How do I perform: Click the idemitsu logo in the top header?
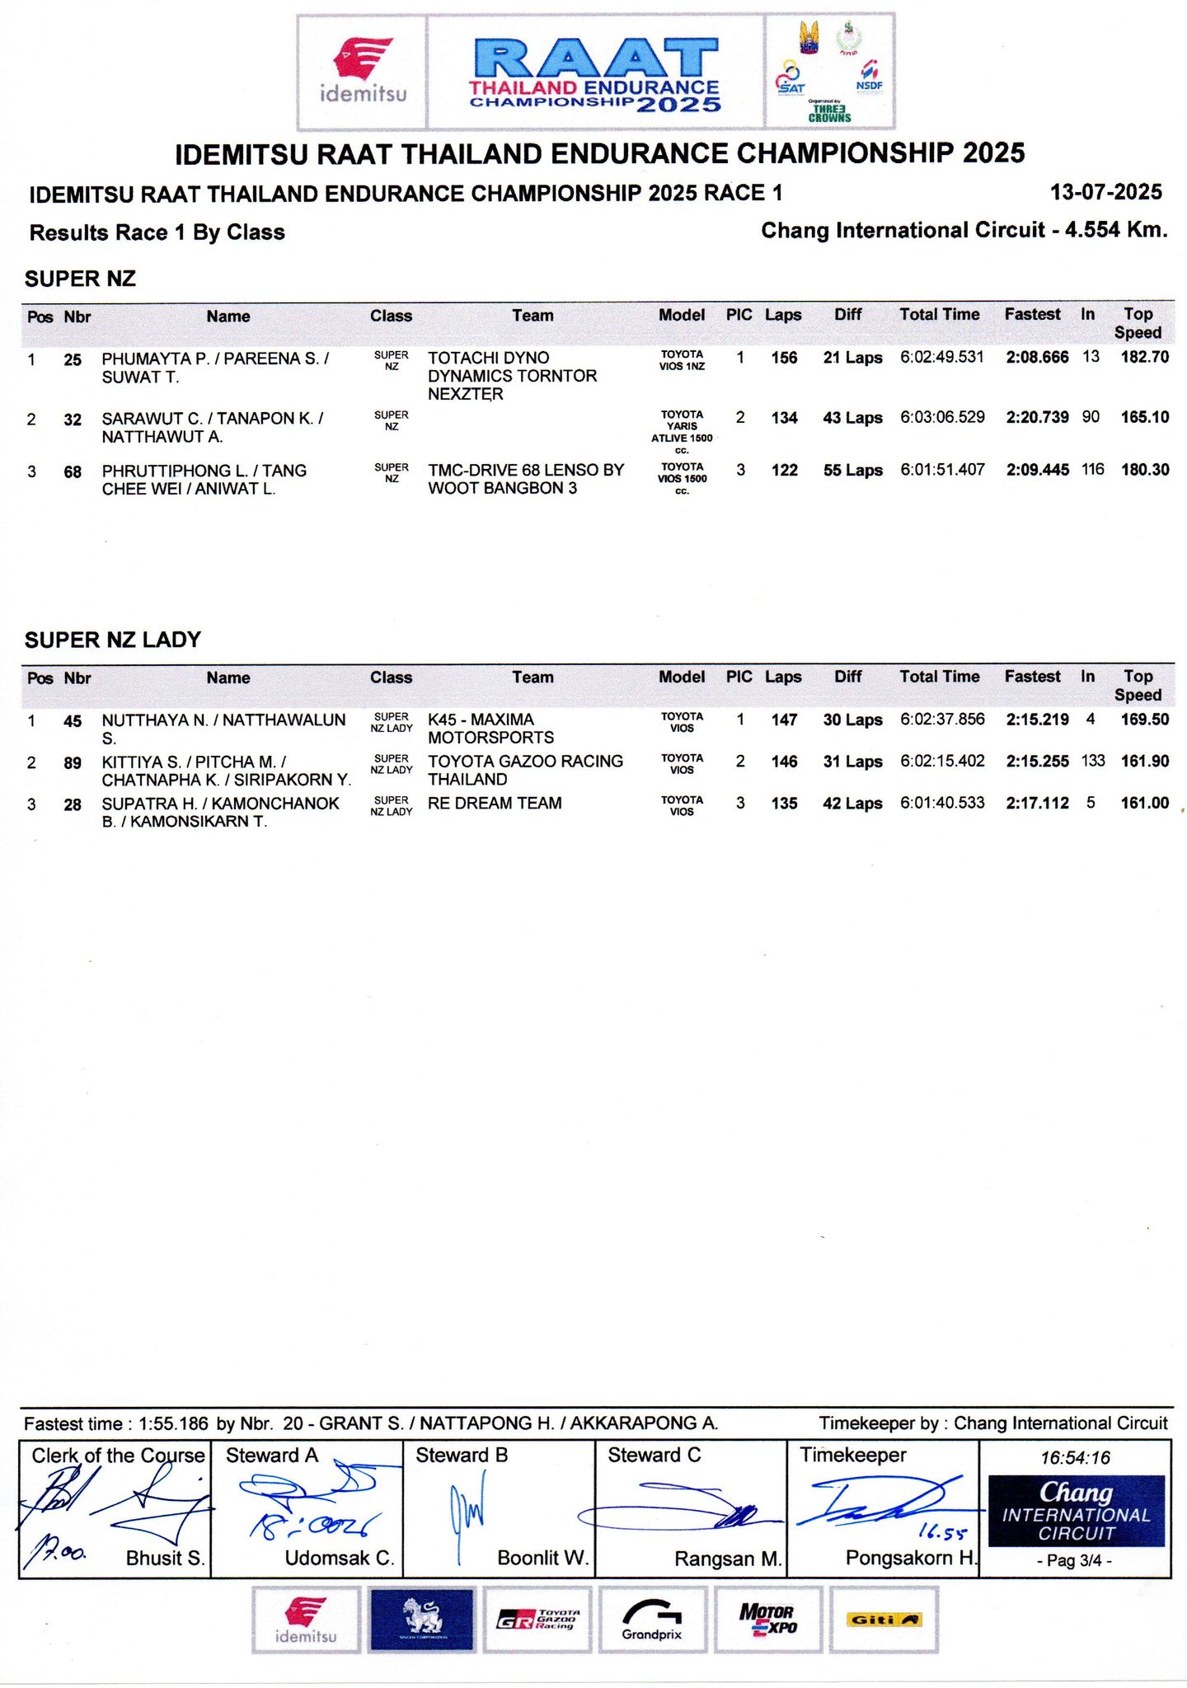click(363, 71)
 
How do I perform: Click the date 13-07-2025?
click(1105, 192)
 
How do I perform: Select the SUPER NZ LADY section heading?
click(113, 640)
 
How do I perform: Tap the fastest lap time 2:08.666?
click(1037, 357)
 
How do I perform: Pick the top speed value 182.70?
click(1144, 357)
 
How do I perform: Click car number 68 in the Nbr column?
click(73, 471)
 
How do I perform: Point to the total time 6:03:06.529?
click(942, 417)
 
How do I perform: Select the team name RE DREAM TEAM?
click(495, 803)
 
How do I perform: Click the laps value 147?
click(784, 720)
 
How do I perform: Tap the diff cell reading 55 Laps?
click(852, 471)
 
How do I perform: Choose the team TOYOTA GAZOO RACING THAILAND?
click(525, 770)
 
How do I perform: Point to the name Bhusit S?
click(165, 1558)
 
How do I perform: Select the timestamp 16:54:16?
click(1075, 1457)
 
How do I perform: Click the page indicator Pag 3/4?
click(1075, 1560)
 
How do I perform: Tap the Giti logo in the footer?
click(883, 1620)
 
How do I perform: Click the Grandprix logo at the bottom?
click(652, 1620)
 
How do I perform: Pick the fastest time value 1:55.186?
click(173, 1423)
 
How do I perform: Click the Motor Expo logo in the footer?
click(767, 1620)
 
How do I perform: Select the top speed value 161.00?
click(1144, 803)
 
